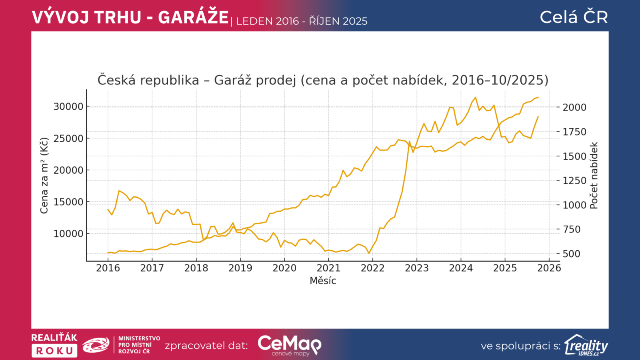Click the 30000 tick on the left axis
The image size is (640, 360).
[68, 106]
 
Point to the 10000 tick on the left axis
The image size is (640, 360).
[68, 234]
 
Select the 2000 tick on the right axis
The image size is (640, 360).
[574, 107]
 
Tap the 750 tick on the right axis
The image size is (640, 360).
[571, 229]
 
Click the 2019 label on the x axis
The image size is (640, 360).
[240, 268]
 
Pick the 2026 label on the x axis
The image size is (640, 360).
[549, 268]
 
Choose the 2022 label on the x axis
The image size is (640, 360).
[372, 268]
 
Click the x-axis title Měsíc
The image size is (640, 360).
[323, 281]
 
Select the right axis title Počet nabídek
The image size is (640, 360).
[594, 175]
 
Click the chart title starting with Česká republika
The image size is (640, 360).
[323, 80]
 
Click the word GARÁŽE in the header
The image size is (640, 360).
[193, 18]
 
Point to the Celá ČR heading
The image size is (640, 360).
[574, 17]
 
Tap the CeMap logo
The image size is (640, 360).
[289, 345]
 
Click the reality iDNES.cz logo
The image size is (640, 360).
[586, 345]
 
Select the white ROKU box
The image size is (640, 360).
[54, 351]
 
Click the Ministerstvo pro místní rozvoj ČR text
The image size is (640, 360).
[139, 345]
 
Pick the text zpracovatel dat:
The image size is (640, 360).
[206, 346]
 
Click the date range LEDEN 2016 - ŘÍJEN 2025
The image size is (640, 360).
[302, 21]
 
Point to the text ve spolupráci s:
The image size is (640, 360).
[521, 346]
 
